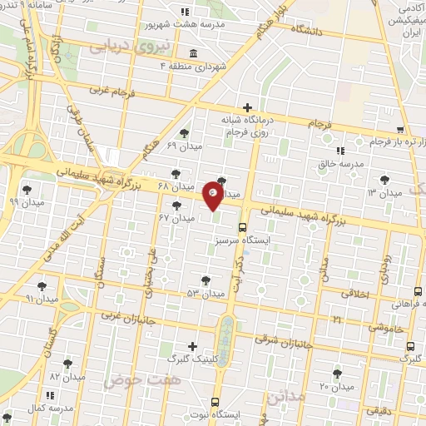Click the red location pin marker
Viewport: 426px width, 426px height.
(x=213, y=196)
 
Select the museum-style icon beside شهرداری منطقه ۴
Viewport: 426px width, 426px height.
(x=193, y=55)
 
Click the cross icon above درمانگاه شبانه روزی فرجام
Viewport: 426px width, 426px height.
(x=246, y=106)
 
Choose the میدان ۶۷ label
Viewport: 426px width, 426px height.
(x=176, y=219)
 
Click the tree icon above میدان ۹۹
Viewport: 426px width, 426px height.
(x=29, y=190)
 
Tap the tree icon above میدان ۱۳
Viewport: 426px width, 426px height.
(x=384, y=179)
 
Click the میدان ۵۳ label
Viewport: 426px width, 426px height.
(x=206, y=294)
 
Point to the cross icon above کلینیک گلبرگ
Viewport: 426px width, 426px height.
(x=193, y=346)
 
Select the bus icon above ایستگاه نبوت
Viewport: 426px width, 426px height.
(x=215, y=401)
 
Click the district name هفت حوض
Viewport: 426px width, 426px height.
(x=131, y=380)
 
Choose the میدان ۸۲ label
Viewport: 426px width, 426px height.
(x=67, y=377)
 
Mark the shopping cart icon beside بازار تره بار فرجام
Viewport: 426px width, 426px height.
(x=400, y=130)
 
